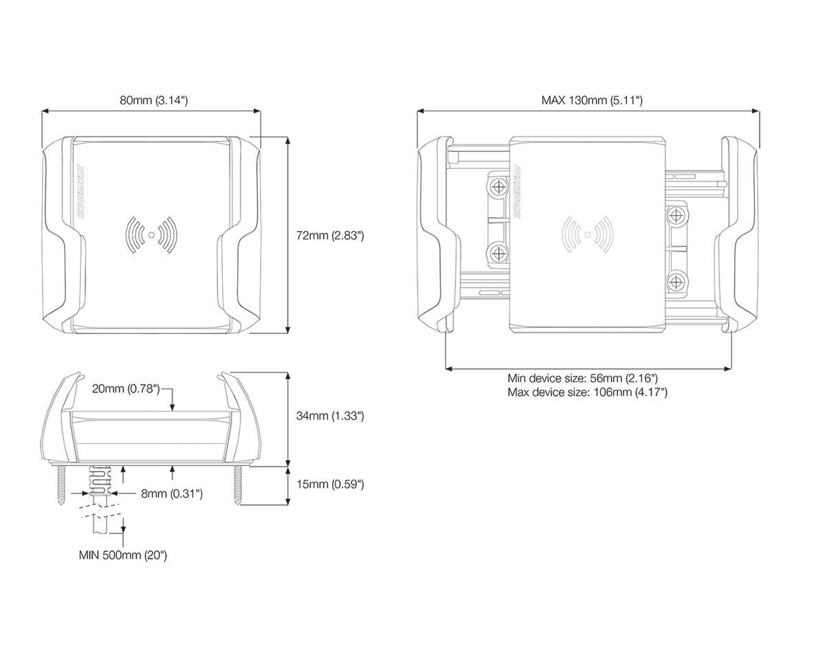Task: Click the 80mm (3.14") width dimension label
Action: click(x=154, y=100)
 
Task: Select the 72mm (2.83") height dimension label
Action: click(x=330, y=235)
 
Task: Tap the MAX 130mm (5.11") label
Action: click(x=591, y=100)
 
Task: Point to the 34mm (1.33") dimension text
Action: click(x=330, y=416)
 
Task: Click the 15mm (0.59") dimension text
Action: click(x=330, y=484)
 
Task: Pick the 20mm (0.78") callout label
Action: click(x=126, y=390)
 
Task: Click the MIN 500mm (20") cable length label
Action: click(x=123, y=555)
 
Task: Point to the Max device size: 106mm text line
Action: click(x=587, y=392)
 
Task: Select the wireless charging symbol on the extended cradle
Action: click(x=586, y=235)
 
